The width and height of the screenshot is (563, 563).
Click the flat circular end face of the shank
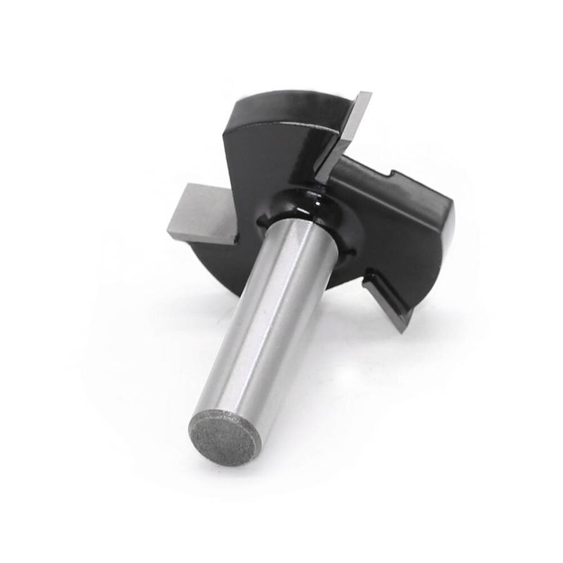[x=224, y=438]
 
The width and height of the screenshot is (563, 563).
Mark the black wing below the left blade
[x=219, y=263]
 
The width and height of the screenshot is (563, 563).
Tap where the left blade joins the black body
[x=235, y=235]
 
